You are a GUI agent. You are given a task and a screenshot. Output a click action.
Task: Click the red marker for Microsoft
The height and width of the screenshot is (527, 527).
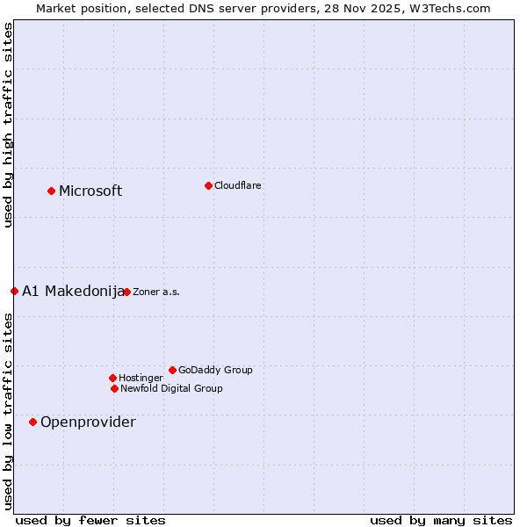coord(51,191)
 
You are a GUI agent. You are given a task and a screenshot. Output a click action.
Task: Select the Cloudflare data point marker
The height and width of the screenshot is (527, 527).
coord(208,185)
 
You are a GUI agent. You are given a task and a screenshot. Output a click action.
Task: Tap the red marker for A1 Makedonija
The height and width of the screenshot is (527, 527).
coord(14,291)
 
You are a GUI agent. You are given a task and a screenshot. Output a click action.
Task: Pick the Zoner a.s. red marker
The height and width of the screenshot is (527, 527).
coord(126,292)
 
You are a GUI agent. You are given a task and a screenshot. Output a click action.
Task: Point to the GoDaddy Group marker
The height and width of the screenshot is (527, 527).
coord(172,370)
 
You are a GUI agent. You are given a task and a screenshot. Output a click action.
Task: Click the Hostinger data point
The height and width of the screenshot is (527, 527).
coord(112,378)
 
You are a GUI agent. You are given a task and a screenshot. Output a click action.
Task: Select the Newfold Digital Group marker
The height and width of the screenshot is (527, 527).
coord(114,388)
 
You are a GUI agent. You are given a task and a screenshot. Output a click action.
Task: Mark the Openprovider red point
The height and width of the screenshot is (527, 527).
coord(32,422)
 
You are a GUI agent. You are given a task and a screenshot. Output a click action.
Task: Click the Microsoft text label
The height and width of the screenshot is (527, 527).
coord(90,191)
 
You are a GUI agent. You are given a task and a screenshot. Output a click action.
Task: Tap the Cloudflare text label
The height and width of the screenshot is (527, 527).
coord(237,185)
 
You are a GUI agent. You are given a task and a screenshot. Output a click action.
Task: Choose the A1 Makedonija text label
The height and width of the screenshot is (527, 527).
coord(73,292)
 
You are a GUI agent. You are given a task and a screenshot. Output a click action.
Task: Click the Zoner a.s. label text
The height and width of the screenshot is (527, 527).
coord(156,292)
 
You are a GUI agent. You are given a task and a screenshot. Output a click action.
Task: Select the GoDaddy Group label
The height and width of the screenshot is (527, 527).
coord(215,370)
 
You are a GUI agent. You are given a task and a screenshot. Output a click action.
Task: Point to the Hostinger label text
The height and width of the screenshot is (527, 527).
coord(141,378)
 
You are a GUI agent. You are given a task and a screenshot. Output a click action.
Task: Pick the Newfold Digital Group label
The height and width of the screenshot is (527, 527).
coord(171,388)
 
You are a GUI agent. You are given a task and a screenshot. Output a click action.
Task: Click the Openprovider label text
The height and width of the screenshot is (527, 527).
coord(88,422)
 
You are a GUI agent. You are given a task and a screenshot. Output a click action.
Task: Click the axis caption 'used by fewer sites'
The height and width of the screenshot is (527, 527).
coord(90,520)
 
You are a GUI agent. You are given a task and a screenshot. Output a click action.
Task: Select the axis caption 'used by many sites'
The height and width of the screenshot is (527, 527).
coord(441,520)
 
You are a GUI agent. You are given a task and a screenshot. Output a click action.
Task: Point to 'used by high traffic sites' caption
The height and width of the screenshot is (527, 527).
coord(8,125)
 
